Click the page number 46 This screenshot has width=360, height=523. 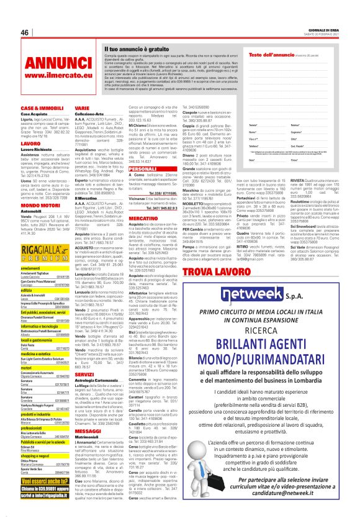pos(24,33)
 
